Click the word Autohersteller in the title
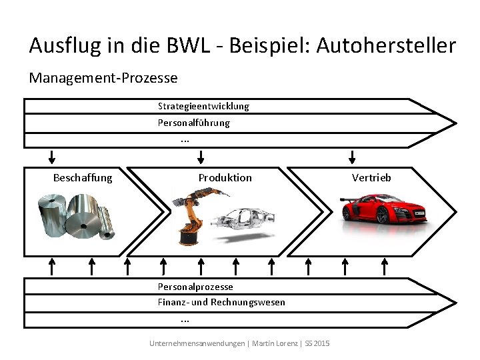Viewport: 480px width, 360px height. coord(386,45)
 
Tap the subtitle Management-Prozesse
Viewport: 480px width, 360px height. coord(103,78)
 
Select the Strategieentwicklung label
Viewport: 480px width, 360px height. coord(203,106)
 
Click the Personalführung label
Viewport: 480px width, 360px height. coord(193,123)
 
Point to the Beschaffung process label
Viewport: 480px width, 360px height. coord(83,177)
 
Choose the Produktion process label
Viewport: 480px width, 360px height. coord(225,177)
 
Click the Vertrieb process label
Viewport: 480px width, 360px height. coord(371,177)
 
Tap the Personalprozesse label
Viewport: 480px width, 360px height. coord(195,287)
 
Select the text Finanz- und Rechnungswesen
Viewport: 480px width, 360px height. coord(221,302)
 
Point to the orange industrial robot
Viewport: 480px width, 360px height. coord(193,213)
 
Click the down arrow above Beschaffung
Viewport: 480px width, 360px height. coord(52,157)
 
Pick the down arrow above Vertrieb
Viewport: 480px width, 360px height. coord(353,157)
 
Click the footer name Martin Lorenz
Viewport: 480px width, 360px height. coord(274,343)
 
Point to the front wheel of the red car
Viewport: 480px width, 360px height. coord(382,216)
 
